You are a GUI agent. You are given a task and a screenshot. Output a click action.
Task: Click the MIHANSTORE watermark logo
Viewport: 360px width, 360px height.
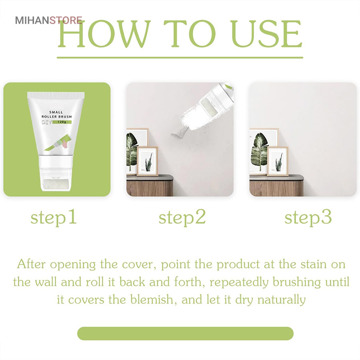tap(49, 20)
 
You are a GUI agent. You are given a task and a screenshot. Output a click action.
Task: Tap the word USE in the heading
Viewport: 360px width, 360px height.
tap(266, 34)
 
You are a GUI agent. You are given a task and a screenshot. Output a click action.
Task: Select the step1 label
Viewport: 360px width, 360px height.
tap(54, 218)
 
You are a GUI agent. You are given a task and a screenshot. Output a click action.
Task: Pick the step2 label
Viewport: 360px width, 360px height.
tap(182, 218)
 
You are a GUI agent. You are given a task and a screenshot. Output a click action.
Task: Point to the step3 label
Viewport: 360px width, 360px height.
tap(308, 218)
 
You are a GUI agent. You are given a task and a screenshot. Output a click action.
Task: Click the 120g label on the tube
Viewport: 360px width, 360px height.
tap(62, 122)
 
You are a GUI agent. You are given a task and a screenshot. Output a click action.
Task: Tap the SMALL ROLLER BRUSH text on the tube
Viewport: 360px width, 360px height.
tap(56, 114)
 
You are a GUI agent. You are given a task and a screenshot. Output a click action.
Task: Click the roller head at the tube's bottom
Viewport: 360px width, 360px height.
tap(56, 184)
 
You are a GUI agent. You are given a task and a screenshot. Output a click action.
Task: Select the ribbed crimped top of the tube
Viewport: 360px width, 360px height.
tap(56, 95)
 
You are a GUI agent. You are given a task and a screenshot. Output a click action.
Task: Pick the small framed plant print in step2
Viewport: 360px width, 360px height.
tap(147, 161)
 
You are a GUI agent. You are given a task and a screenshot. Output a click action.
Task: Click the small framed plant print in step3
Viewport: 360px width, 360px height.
tap(278, 161)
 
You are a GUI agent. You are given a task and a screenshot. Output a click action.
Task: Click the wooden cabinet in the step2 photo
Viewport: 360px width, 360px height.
tap(150, 186)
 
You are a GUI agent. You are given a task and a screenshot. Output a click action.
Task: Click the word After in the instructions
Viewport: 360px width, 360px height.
tap(31, 264)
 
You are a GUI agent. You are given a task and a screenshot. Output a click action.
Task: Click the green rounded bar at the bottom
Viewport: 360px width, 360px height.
tap(185, 333)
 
